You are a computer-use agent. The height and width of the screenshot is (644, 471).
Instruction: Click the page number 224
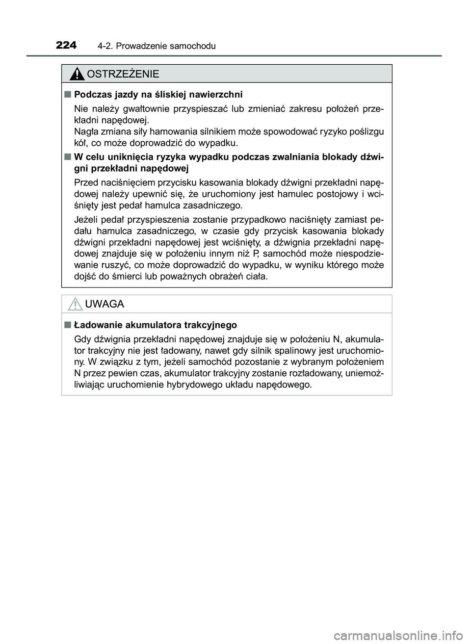coord(66,46)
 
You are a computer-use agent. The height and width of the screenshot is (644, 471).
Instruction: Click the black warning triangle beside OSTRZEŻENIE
coord(77,75)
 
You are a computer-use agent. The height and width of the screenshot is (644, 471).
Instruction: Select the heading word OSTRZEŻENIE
coord(122,75)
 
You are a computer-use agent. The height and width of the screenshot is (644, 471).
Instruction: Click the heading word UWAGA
coord(105,304)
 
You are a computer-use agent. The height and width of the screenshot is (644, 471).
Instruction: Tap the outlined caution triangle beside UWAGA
coord(75,305)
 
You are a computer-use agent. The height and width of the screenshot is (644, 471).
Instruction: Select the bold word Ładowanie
coord(96,325)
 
